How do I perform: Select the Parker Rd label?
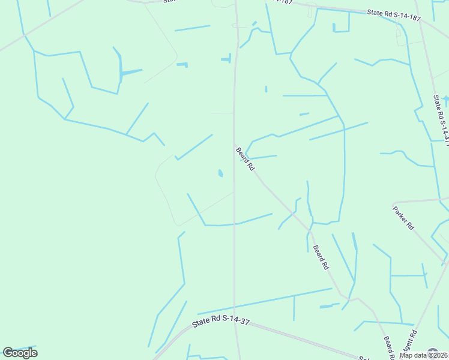[403, 218]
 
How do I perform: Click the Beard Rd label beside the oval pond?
[246, 160]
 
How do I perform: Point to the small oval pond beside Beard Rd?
[220, 173]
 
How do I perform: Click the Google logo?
[20, 352]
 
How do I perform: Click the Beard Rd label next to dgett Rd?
[388, 347]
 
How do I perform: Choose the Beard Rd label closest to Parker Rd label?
[321, 256]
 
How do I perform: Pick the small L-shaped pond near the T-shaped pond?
[182, 64]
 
